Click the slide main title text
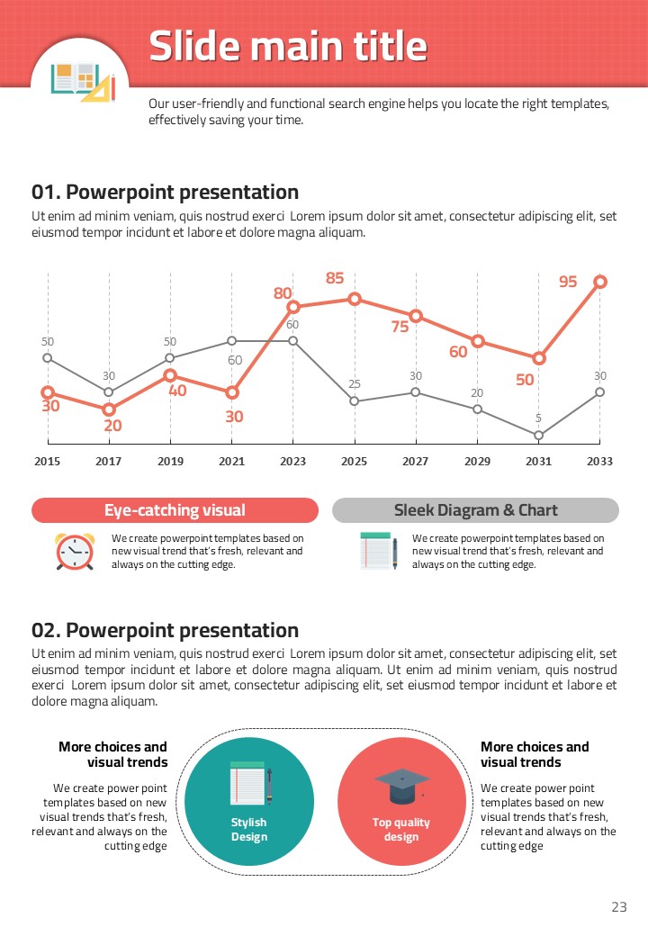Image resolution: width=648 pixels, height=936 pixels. [288, 46]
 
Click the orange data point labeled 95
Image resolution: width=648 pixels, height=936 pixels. [600, 282]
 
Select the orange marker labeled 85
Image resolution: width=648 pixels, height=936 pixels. [355, 299]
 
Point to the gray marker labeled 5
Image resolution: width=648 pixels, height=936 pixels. [538, 436]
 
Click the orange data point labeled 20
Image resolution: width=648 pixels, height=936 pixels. [109, 409]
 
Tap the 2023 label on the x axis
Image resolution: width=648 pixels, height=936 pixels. [292, 462]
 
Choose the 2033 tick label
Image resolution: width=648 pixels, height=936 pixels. [599, 462]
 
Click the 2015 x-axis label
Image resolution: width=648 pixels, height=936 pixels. [48, 462]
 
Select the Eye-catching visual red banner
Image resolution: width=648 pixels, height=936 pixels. [175, 510]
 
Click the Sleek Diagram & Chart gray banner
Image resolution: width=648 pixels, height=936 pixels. [475, 510]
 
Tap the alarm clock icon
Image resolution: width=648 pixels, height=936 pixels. [75, 551]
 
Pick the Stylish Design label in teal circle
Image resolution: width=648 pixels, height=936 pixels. [248, 830]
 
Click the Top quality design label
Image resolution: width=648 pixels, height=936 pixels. [401, 830]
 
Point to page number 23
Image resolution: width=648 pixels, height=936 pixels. [618, 907]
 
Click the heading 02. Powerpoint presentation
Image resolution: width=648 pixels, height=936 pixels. [165, 630]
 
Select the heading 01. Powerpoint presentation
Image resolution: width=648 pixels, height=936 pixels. [165, 192]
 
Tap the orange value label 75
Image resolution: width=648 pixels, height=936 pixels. [400, 327]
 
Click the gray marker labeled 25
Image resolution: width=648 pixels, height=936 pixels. [355, 401]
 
